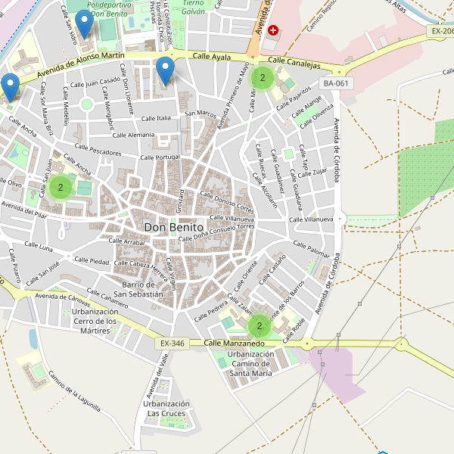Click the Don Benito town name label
[173, 227]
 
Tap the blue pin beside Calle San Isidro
[85, 23]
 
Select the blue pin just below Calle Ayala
[165, 70]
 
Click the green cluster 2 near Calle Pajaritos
[262, 77]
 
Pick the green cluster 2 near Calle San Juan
[61, 186]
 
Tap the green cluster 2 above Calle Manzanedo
[259, 326]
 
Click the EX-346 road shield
[172, 344]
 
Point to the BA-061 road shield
[336, 83]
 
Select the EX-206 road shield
[440, 31]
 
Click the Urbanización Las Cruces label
[165, 409]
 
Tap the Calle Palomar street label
[312, 249]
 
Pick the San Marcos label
[201, 113]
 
